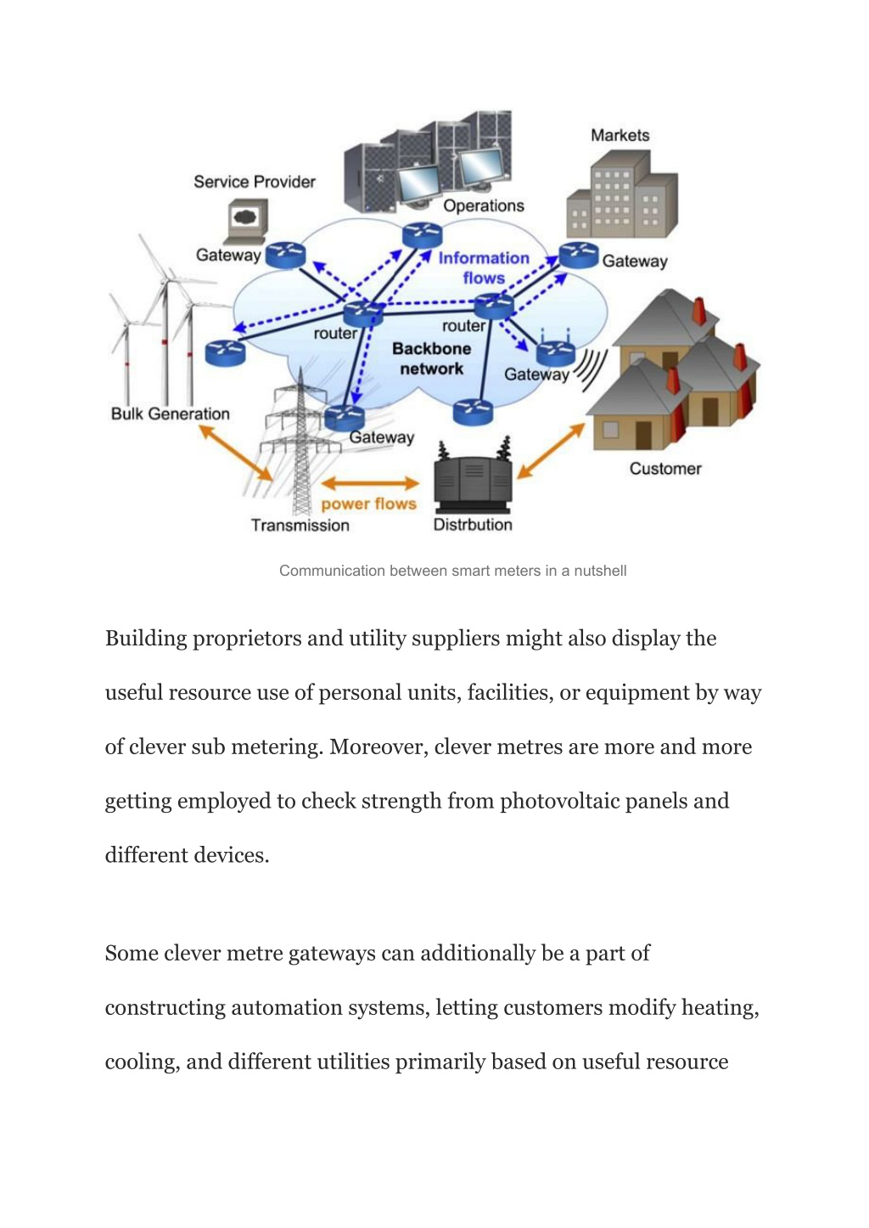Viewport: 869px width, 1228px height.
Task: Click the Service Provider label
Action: pyautogui.click(x=255, y=182)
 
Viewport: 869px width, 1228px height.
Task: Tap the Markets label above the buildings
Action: pyautogui.click(x=620, y=135)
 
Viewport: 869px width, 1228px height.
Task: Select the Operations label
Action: pyautogui.click(x=483, y=206)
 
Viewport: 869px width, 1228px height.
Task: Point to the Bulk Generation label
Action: pyautogui.click(x=171, y=414)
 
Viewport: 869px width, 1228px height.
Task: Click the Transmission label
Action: pyautogui.click(x=300, y=525)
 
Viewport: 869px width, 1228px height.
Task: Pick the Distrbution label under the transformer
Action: pyautogui.click(x=473, y=525)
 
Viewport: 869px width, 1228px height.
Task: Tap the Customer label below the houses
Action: pyautogui.click(x=665, y=468)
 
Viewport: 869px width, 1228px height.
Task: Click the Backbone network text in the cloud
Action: pyautogui.click(x=432, y=358)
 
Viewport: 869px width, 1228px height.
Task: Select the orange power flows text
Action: pyautogui.click(x=369, y=504)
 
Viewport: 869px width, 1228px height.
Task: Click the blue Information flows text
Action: pyautogui.click(x=484, y=268)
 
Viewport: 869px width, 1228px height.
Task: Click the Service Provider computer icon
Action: pyautogui.click(x=246, y=222)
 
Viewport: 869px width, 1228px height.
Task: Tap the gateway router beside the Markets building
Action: pyautogui.click(x=579, y=256)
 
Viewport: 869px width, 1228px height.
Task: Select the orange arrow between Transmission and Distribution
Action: pyautogui.click(x=370, y=483)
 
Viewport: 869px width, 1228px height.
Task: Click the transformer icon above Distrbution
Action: pyautogui.click(x=474, y=475)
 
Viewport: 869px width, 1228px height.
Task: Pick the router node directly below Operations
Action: pyautogui.click(x=422, y=236)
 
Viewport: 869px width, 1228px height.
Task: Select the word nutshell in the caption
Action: pyautogui.click(x=600, y=571)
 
